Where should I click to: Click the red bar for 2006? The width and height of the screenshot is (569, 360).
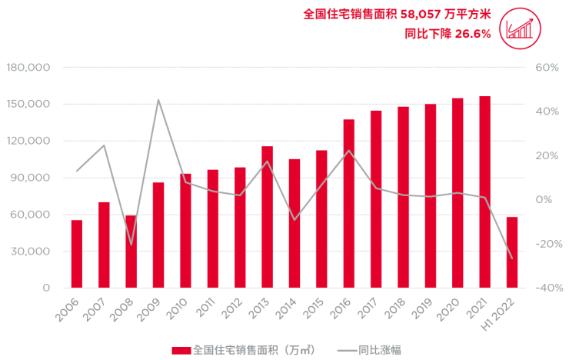[77, 254]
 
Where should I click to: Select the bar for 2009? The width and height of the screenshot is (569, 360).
[158, 235]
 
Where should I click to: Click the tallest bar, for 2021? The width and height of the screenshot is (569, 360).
[484, 192]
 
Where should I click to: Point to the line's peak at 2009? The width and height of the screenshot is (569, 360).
[158, 99]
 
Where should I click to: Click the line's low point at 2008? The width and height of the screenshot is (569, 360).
[131, 245]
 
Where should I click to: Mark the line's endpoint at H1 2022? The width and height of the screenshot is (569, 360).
[512, 258]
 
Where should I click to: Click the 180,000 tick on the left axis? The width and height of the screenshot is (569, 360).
[28, 68]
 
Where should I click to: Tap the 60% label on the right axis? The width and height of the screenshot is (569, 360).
[546, 68]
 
